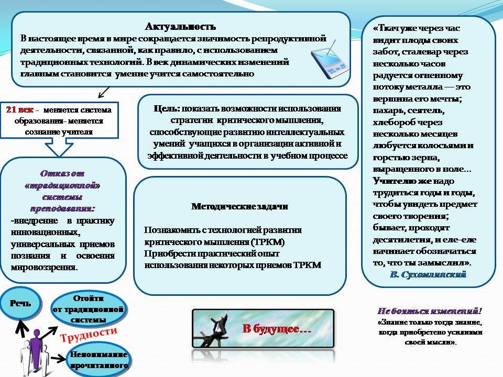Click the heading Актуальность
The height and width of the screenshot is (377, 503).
[x=181, y=27]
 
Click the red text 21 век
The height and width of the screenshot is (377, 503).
[x=20, y=110]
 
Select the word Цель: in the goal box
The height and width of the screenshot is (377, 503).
[x=167, y=108]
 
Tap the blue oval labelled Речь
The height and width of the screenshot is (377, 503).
[x=20, y=304]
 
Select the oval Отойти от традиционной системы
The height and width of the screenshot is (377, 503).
[x=88, y=309]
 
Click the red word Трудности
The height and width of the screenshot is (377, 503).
[x=88, y=334]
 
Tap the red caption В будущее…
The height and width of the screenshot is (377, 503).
[x=276, y=329]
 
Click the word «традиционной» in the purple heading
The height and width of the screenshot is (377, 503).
[x=62, y=186]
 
